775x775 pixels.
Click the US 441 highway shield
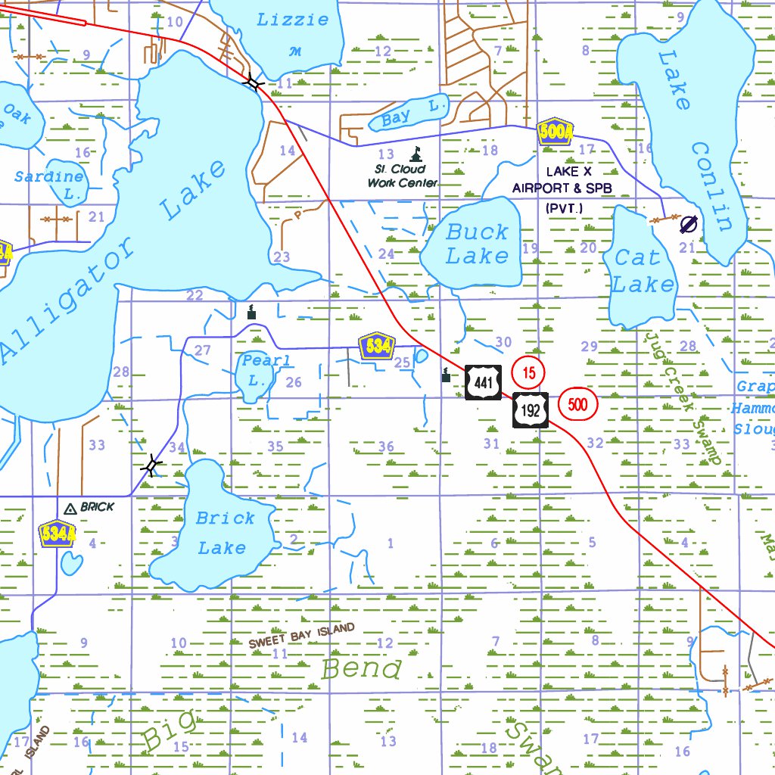click(483, 382)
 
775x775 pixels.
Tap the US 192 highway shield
click(531, 409)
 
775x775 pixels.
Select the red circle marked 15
click(529, 372)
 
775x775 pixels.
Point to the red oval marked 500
click(577, 404)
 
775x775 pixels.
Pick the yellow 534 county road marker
click(377, 347)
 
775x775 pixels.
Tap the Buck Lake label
click(477, 244)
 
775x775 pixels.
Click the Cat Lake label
click(642, 271)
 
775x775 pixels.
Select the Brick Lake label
click(224, 533)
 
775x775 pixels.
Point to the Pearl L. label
click(265, 370)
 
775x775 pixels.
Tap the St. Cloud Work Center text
click(402, 176)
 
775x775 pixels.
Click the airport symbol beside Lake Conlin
click(689, 223)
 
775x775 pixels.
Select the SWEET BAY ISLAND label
click(301, 636)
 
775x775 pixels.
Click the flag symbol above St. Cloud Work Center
click(415, 155)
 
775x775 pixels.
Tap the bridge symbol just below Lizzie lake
click(253, 83)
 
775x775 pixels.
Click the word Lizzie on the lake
click(293, 20)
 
